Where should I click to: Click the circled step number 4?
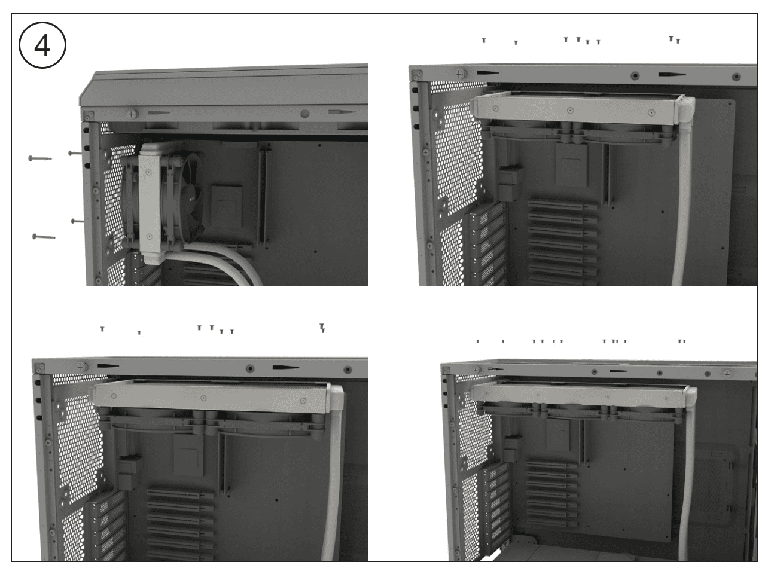tap(42, 45)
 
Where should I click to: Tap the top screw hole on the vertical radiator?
tap(148, 172)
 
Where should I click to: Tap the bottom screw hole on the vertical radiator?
tap(149, 236)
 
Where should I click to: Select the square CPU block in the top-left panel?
tap(226, 206)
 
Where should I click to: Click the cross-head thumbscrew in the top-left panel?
tap(132, 114)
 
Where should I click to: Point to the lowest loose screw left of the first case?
tap(44, 237)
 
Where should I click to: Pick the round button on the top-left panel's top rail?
tap(305, 113)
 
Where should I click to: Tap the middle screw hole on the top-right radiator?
tap(570, 111)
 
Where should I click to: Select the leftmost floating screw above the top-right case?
tap(483, 41)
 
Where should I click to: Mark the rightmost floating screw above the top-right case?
tap(678, 41)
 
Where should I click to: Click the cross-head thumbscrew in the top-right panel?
tap(459, 74)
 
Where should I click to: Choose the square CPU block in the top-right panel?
tap(571, 166)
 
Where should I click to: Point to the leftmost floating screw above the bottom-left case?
tap(102, 328)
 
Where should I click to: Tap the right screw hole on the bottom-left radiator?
tap(303, 401)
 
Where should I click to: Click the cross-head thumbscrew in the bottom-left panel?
tap(81, 367)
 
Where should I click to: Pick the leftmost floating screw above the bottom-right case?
tap(478, 341)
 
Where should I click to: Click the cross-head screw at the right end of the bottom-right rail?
tap(727, 374)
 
